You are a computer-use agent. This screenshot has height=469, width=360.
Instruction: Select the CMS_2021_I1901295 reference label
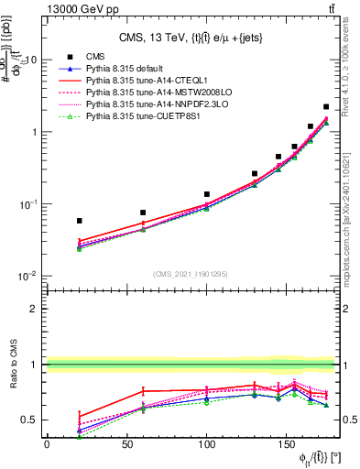[189, 274]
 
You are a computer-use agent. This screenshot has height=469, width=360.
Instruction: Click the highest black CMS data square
[326, 107]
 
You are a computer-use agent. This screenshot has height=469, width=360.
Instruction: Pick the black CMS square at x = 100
[207, 194]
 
